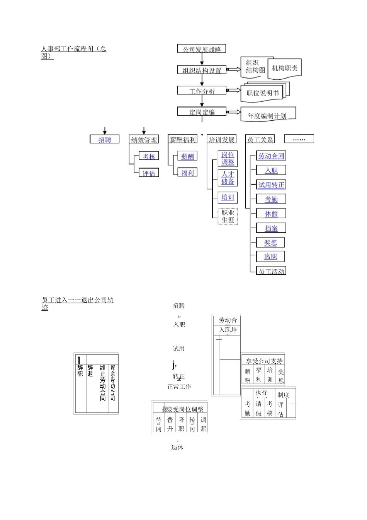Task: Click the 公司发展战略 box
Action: click(x=202, y=49)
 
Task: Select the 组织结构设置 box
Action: click(x=202, y=70)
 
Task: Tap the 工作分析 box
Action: click(x=202, y=91)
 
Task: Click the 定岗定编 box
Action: click(x=202, y=112)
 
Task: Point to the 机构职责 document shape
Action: click(x=285, y=68)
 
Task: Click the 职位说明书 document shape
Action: click(x=263, y=93)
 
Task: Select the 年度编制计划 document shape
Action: click(x=267, y=115)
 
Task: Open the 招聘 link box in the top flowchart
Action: click(x=105, y=140)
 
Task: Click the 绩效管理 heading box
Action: click(x=144, y=140)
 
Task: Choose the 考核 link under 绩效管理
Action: click(x=149, y=156)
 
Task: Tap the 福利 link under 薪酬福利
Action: click(x=187, y=173)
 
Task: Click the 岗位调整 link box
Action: click(x=228, y=159)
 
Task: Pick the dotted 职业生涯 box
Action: click(x=228, y=216)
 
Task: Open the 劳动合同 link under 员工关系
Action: click(x=271, y=156)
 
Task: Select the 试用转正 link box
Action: click(x=271, y=185)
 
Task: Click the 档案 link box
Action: click(x=271, y=228)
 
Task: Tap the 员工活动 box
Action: click(x=271, y=271)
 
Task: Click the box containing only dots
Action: click(x=299, y=139)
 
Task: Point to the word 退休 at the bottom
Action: click(x=178, y=447)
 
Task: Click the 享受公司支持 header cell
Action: click(x=264, y=361)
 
